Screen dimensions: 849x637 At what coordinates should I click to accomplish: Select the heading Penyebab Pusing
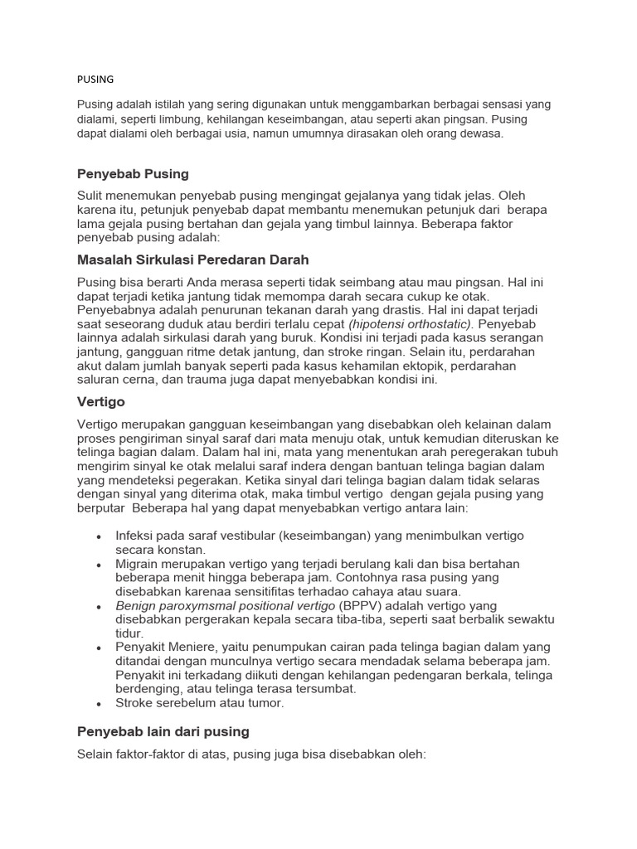pos(133,174)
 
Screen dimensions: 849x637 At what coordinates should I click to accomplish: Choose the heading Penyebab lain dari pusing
pos(163,731)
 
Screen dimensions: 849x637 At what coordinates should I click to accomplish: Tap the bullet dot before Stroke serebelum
pos(100,704)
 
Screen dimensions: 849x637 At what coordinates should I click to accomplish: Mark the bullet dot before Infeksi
pos(100,536)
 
